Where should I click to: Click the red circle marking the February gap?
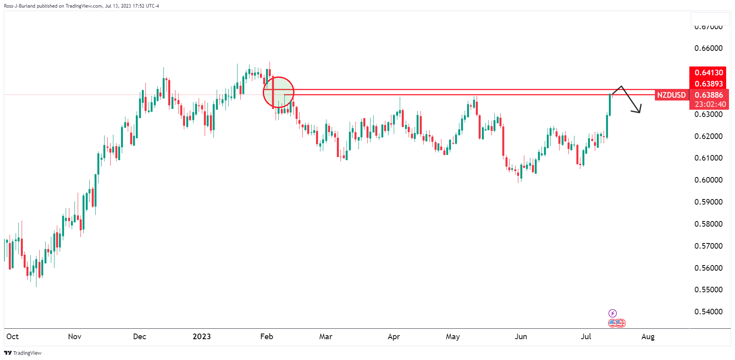(278, 92)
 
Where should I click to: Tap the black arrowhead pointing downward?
(637, 109)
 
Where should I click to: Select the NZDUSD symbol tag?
(671, 95)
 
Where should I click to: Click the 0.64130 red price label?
(709, 72)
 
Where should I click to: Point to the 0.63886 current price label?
(709, 95)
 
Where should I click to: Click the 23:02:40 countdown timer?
(710, 104)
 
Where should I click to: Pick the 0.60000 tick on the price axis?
(708, 180)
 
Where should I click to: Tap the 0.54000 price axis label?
(708, 312)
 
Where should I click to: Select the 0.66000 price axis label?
(708, 48)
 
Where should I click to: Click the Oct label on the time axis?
(12, 336)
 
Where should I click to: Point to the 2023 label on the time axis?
(201, 336)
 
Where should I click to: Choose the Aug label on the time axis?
(648, 336)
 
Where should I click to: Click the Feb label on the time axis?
(266, 336)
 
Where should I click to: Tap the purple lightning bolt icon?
(612, 313)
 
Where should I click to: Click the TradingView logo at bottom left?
(23, 353)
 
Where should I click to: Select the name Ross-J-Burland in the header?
(20, 6)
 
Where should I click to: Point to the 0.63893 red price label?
(709, 84)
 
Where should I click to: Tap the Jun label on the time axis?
(521, 336)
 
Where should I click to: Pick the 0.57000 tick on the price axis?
(708, 246)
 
